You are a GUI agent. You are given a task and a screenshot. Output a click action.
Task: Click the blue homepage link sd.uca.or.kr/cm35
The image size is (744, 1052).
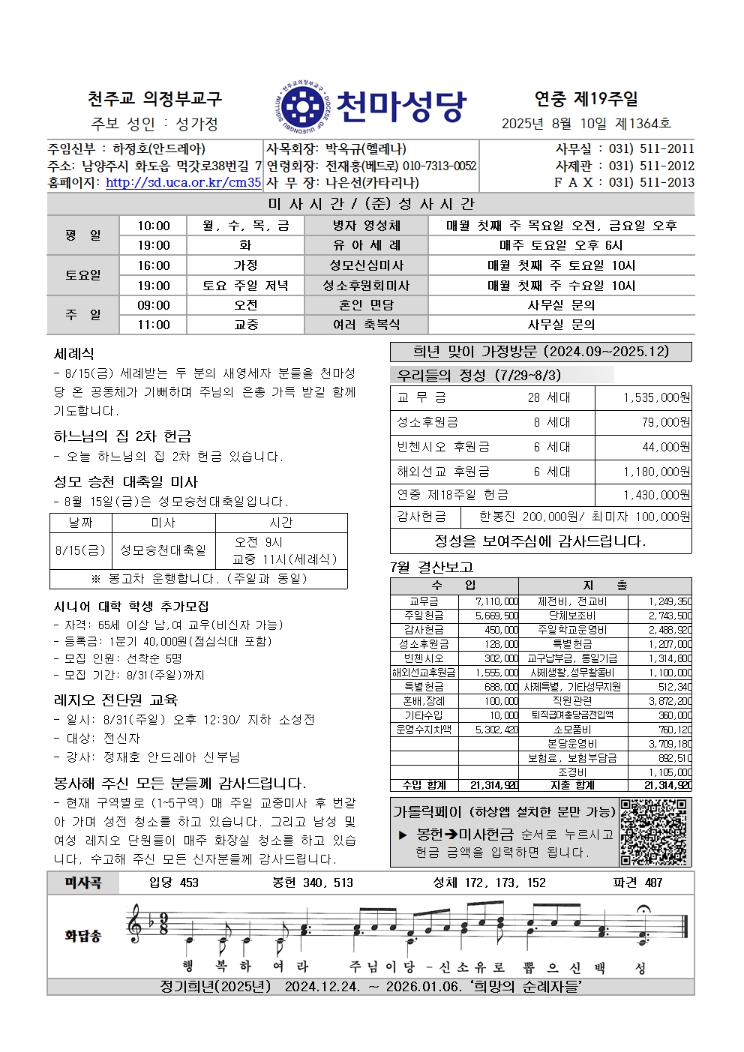[x=183, y=182]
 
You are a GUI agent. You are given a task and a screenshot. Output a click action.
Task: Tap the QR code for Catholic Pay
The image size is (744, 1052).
[x=654, y=832]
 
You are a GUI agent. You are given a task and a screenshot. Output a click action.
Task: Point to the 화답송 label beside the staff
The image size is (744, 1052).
[x=82, y=936]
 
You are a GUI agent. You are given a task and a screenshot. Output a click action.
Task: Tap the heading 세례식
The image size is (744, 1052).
[x=74, y=354]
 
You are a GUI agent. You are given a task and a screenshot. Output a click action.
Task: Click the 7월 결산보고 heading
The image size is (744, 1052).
[x=432, y=568]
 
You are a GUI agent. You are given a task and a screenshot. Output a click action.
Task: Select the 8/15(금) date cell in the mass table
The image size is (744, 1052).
[x=81, y=550]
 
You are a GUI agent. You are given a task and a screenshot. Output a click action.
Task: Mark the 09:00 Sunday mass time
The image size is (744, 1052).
[x=154, y=305]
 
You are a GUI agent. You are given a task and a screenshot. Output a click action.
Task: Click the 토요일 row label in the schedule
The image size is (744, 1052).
[x=82, y=275]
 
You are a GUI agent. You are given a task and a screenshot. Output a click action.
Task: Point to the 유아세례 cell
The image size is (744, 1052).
[x=367, y=245]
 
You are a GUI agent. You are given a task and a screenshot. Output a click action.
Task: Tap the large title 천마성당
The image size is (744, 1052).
[x=401, y=106]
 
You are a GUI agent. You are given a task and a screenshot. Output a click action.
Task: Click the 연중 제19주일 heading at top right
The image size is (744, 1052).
[x=586, y=98]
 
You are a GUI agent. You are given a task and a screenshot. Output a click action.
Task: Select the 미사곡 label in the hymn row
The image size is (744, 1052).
[x=83, y=883]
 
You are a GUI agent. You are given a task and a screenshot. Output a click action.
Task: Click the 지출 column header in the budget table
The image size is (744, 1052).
[x=604, y=586]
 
